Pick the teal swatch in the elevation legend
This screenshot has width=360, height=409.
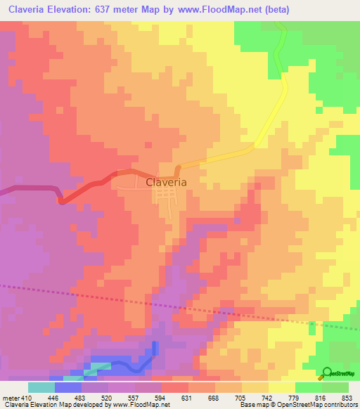(x=41, y=387)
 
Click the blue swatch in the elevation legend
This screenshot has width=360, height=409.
(x=68, y=387)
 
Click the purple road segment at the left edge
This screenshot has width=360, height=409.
(x=28, y=188)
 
